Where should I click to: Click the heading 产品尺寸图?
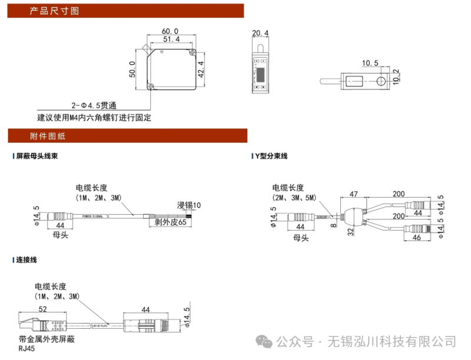(x=54, y=11)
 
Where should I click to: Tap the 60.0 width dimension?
(x=170, y=31)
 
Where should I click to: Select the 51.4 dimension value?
(x=171, y=39)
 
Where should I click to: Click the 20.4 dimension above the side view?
(x=260, y=33)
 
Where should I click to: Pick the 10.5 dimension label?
(x=370, y=63)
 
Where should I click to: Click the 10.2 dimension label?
(x=396, y=75)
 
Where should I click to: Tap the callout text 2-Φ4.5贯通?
(x=94, y=106)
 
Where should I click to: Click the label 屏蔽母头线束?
(x=37, y=156)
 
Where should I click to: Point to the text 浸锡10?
(x=189, y=205)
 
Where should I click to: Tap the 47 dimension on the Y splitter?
(x=354, y=194)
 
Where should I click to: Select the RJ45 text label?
(x=27, y=349)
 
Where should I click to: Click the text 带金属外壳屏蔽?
(x=47, y=339)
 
